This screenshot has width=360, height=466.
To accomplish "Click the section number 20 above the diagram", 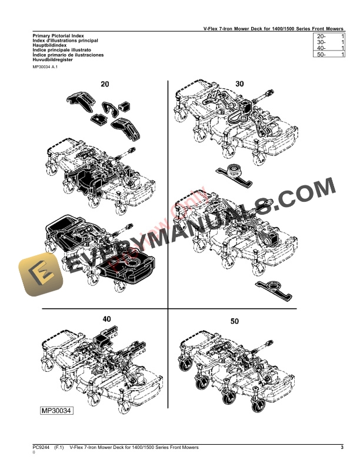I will (105, 84).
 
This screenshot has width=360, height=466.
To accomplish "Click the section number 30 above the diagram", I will (239, 84).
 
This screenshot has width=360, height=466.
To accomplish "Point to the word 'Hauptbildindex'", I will (51, 45).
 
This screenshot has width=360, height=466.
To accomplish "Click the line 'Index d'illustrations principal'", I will (65, 41).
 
